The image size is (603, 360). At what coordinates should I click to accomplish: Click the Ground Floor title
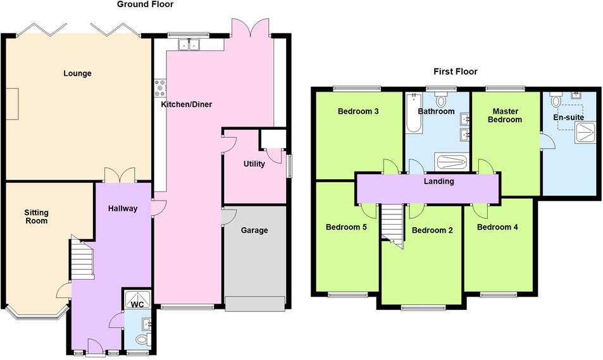145,4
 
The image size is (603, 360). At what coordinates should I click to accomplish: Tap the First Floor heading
456,71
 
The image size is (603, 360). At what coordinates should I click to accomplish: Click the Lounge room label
77,73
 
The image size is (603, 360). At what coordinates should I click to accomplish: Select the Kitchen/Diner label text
187,104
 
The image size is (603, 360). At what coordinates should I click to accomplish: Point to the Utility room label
254,164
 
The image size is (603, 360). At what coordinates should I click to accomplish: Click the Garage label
254,230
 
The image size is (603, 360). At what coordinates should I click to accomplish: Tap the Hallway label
123,208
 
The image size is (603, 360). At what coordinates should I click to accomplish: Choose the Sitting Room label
36,216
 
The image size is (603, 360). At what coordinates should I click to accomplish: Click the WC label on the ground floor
137,305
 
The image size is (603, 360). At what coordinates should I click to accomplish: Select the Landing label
438,181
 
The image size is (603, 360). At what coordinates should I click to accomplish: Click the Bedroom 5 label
346,227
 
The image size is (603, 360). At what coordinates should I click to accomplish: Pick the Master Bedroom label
505,115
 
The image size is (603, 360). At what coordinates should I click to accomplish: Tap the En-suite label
568,117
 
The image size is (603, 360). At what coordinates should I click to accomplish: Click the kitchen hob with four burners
160,88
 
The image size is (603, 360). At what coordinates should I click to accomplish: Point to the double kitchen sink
189,45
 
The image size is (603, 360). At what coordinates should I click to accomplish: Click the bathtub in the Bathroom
414,113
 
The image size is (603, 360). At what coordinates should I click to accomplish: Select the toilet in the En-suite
556,99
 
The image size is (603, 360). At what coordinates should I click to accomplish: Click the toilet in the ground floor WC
142,340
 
